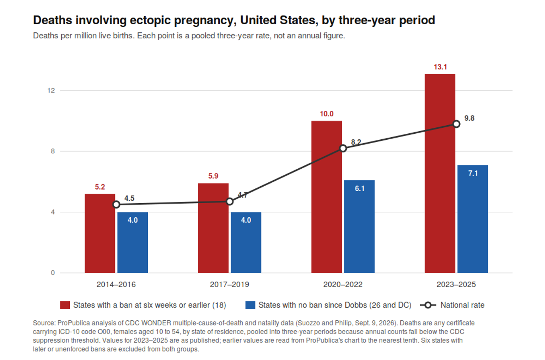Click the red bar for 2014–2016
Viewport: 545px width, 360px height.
pyautogui.click(x=100, y=233)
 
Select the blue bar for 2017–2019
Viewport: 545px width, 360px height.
pyautogui.click(x=246, y=242)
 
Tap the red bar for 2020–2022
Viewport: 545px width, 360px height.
pyautogui.click(x=327, y=197)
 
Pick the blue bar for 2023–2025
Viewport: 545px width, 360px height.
pyautogui.click(x=473, y=219)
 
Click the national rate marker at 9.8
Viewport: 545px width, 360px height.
pyautogui.click(x=456, y=124)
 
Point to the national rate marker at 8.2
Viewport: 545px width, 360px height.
pyautogui.click(x=343, y=148)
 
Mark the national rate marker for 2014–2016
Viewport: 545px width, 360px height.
pyautogui.click(x=116, y=204)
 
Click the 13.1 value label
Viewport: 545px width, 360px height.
pyautogui.click(x=440, y=67)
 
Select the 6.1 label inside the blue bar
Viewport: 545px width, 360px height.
pyautogui.click(x=359, y=188)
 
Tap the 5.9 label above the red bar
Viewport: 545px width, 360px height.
pyautogui.click(x=213, y=176)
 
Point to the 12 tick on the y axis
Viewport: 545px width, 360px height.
pyautogui.click(x=51, y=91)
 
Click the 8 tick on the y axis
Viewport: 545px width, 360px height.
pyautogui.click(x=53, y=151)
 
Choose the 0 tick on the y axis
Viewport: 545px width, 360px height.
pyautogui.click(x=53, y=273)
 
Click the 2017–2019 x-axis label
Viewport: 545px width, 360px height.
pyautogui.click(x=229, y=285)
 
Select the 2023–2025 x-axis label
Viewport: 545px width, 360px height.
pyautogui.click(x=456, y=285)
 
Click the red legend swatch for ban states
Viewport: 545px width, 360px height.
pyautogui.click(x=65, y=305)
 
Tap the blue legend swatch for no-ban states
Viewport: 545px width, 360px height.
pyautogui.click(x=250, y=305)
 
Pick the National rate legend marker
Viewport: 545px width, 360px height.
pyautogui.click(x=428, y=305)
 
